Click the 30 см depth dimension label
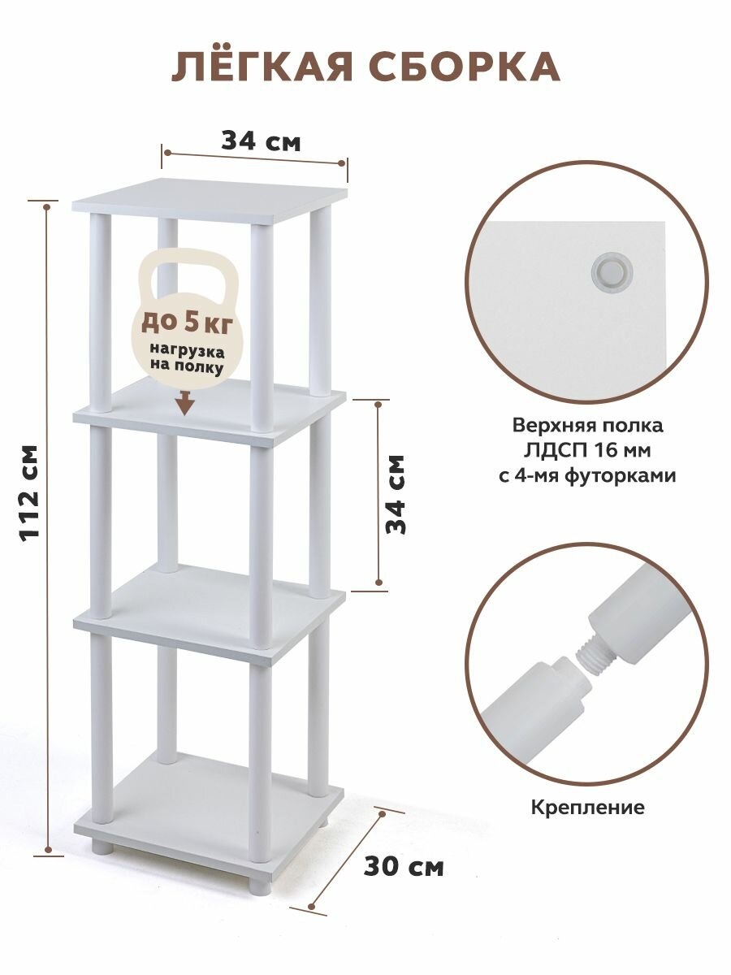click(404, 867)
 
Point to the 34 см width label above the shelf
click(261, 141)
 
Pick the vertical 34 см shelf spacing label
click(396, 493)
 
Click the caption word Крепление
click(587, 808)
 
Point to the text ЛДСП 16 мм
click(586, 450)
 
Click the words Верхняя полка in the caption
click(587, 425)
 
